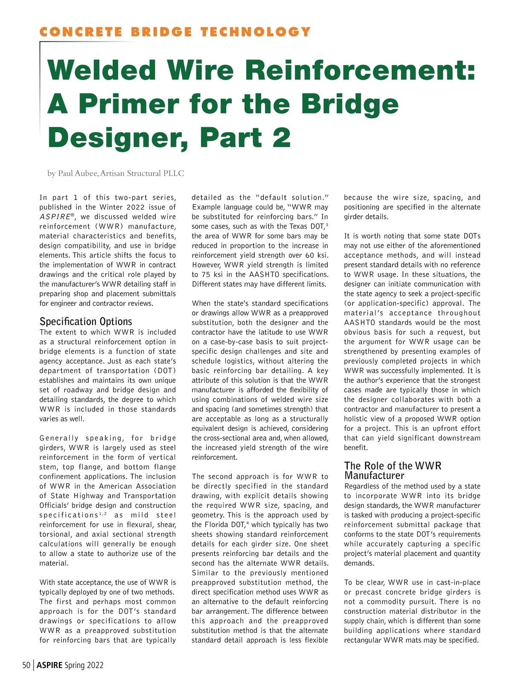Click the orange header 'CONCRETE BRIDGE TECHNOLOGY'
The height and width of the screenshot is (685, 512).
click(175, 32)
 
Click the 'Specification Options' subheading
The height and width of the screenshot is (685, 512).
click(86, 321)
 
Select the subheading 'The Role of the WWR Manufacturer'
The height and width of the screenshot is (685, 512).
click(393, 470)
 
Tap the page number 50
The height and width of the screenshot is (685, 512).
click(26, 665)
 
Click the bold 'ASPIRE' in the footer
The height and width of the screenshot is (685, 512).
click(49, 665)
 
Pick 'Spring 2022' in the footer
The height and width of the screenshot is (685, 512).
click(84, 665)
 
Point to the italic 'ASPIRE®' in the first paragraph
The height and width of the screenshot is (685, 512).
click(57, 217)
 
